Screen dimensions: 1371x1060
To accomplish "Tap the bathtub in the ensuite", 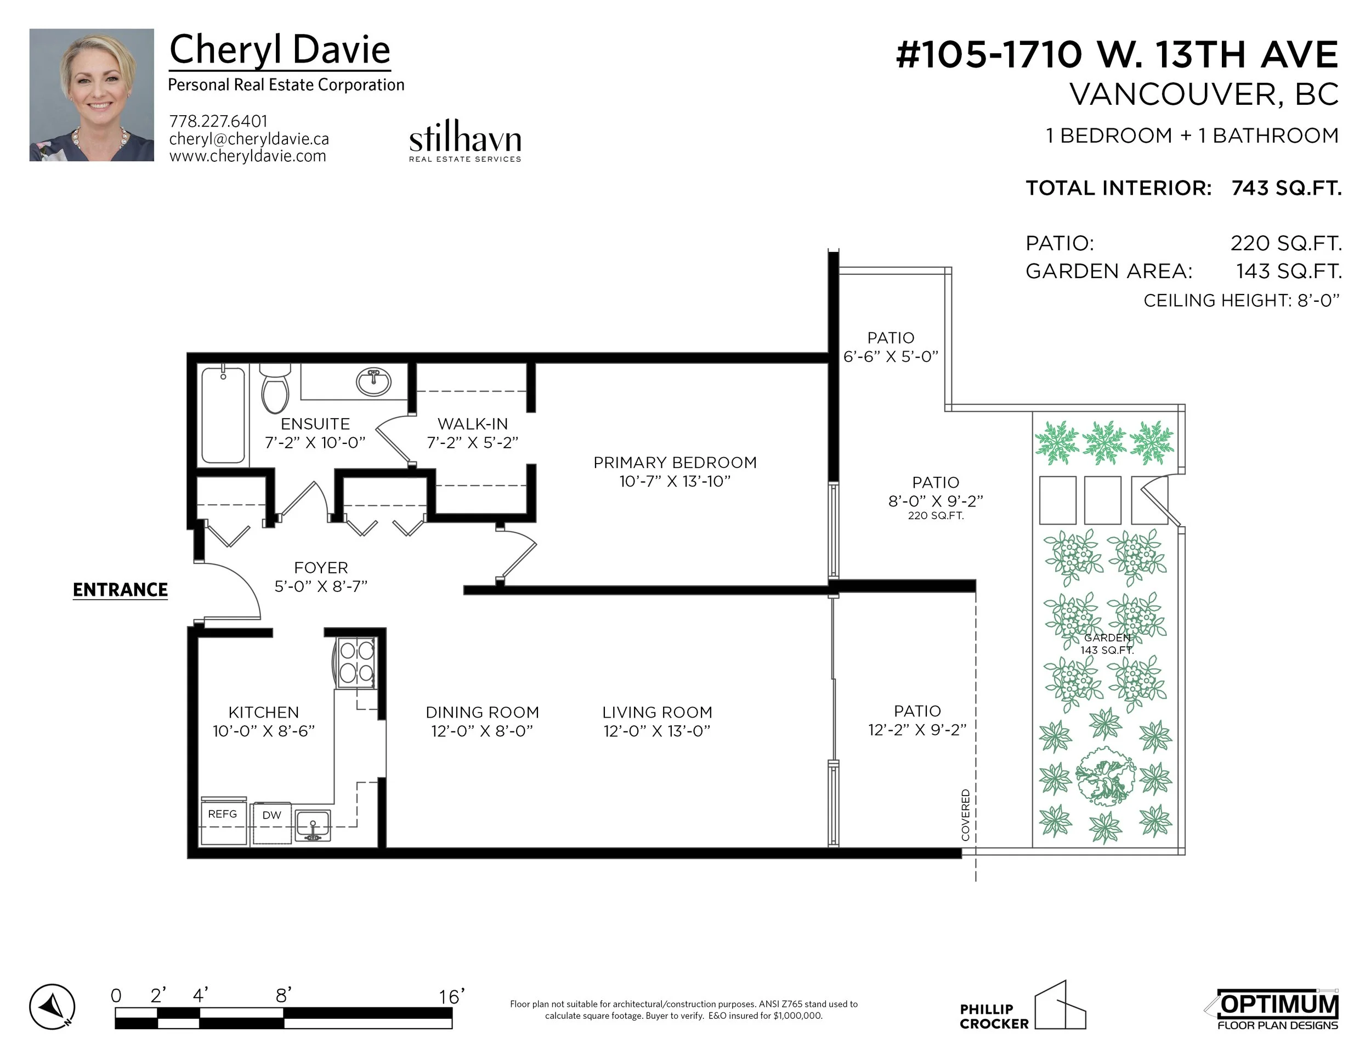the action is tap(223, 415).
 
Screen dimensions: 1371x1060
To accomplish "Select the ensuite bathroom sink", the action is tap(373, 381).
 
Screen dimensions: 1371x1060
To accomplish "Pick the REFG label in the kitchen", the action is tap(222, 814).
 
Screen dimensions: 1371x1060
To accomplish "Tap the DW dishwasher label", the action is tap(271, 815).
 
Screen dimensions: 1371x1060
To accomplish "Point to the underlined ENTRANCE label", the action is tap(120, 590).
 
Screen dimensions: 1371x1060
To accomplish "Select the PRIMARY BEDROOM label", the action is tap(675, 463).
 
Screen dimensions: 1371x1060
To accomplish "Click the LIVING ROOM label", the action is tap(657, 713).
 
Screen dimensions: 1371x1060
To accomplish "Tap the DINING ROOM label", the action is tap(482, 713).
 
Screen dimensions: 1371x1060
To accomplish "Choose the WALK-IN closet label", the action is tap(473, 424).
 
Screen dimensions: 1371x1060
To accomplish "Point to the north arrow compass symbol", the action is tap(52, 1007).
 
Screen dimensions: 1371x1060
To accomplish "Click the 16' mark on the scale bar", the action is tap(451, 996).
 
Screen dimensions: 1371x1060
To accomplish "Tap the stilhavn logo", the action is tap(465, 142).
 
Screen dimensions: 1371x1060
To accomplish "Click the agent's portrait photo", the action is tap(92, 95).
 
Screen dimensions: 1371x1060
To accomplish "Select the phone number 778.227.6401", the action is tap(218, 121).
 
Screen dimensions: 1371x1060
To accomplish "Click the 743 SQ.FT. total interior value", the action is tap(1286, 188).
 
